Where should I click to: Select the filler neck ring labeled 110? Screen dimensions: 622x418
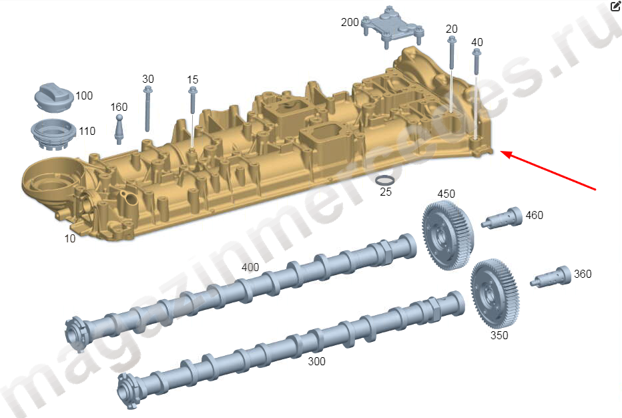pos(53,134)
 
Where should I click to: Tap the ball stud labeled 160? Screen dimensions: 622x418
pos(119,130)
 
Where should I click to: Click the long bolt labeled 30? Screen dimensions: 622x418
pos(147,108)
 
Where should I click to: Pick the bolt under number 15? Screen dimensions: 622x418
pos(193,100)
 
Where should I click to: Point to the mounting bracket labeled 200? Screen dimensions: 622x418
pos(392,27)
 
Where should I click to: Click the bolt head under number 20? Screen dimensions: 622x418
pos(451,40)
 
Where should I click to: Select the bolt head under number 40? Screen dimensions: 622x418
pos(477,53)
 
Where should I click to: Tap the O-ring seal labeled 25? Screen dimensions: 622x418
pos(385,180)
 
